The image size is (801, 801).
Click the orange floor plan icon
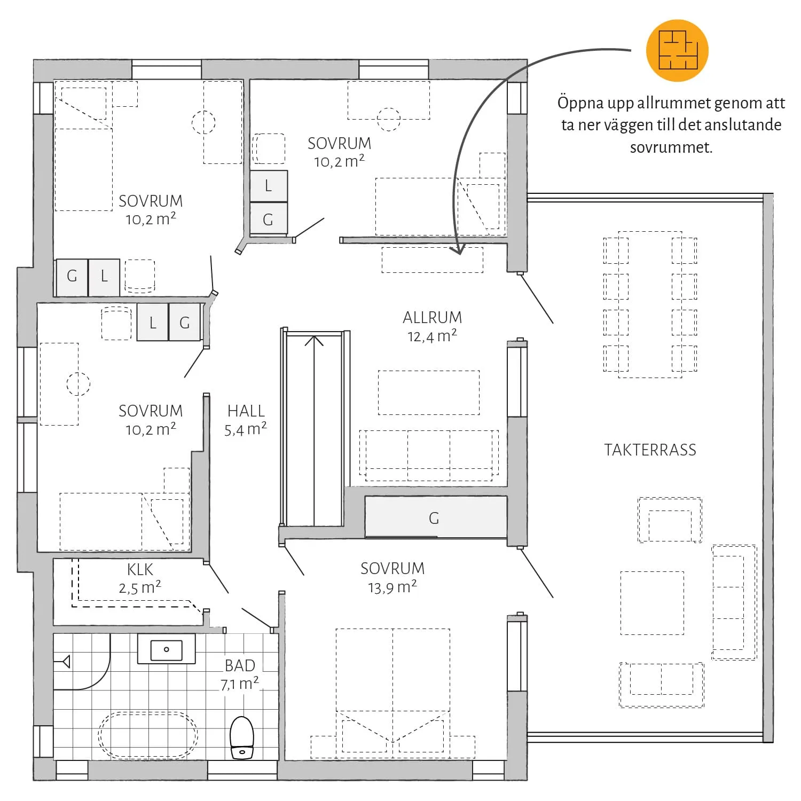coord(677,51)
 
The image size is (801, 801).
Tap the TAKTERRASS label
coord(650,450)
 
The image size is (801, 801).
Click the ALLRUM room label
coord(432,318)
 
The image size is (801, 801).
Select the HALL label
coord(246,411)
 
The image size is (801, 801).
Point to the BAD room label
coord(240,666)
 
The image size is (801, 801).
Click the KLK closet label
coord(140,570)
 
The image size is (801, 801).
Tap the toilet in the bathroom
coord(242,737)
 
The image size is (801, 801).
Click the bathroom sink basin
coord(167,649)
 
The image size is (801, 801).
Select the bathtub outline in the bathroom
coord(148,735)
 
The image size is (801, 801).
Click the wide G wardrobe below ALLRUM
coord(436,517)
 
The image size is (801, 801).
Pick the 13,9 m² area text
coord(392,587)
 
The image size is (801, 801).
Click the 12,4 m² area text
coord(432,336)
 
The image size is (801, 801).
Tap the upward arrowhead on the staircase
coord(314,340)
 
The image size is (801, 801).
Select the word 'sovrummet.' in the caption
coord(671,147)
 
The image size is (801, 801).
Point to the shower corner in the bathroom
coord(82,662)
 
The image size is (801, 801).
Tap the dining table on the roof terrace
coord(650,304)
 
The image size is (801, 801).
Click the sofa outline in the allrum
coord(429,456)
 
